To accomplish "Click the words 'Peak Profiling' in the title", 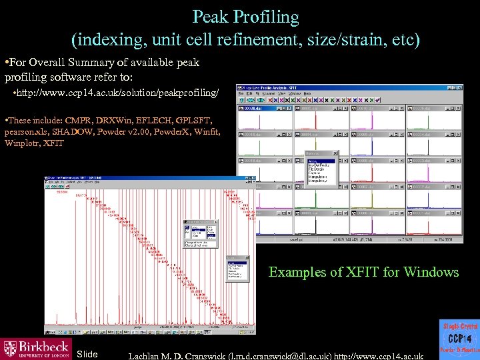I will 245,16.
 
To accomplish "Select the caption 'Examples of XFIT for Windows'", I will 363,272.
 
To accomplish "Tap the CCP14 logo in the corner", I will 459,339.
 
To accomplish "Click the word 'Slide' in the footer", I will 87,353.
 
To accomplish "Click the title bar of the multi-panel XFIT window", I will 349,89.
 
